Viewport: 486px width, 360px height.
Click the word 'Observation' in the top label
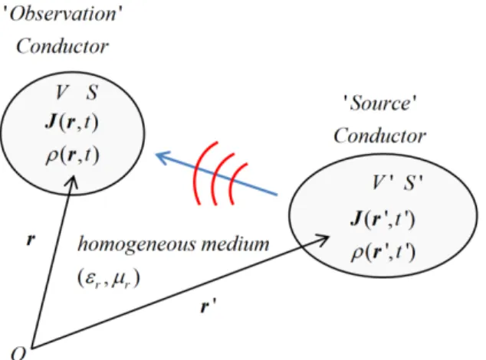tap(63, 14)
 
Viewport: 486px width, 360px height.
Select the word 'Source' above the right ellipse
tap(380, 103)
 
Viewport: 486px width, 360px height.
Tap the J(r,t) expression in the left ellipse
tap(72, 122)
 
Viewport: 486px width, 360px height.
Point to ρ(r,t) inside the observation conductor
tap(73, 155)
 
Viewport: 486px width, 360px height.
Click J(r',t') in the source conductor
tap(383, 219)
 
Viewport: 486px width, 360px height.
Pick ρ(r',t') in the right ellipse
tap(383, 253)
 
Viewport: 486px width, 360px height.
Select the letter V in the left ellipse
tap(61, 92)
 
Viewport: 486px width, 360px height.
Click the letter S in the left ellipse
tap(92, 92)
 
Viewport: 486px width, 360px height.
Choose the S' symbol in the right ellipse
tap(413, 182)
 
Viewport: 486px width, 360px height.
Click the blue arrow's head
tap(163, 157)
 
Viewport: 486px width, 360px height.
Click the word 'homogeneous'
tap(137, 244)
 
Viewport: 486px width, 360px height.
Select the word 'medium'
tap(235, 244)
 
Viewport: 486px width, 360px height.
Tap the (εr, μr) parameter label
tap(109, 278)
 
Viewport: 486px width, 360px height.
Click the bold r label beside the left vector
tap(31, 240)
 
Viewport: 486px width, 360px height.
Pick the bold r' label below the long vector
tap(208, 306)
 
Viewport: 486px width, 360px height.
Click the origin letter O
tap(18, 353)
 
